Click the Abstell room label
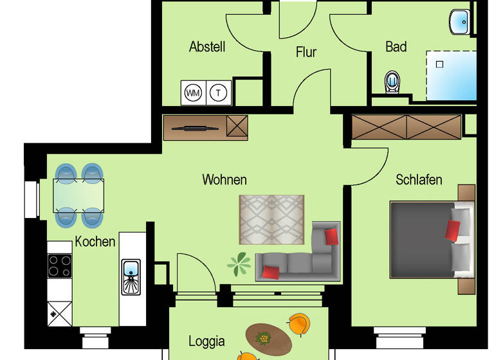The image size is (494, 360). (207, 47)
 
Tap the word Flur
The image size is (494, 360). (306, 52)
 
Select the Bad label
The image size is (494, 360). (396, 47)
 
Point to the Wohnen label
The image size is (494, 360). (224, 179)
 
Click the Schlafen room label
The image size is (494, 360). (419, 179)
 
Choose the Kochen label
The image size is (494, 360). (95, 242)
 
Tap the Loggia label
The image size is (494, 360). (206, 341)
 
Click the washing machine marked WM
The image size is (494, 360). (193, 93)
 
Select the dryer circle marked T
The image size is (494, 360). (219, 93)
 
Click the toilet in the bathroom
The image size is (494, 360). (392, 82)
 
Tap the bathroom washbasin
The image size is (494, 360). (461, 22)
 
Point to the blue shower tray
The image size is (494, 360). (452, 76)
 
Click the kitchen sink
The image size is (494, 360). (131, 276)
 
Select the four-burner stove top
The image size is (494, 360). (60, 265)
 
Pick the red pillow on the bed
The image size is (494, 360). (453, 230)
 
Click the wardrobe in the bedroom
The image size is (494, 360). (407, 127)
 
